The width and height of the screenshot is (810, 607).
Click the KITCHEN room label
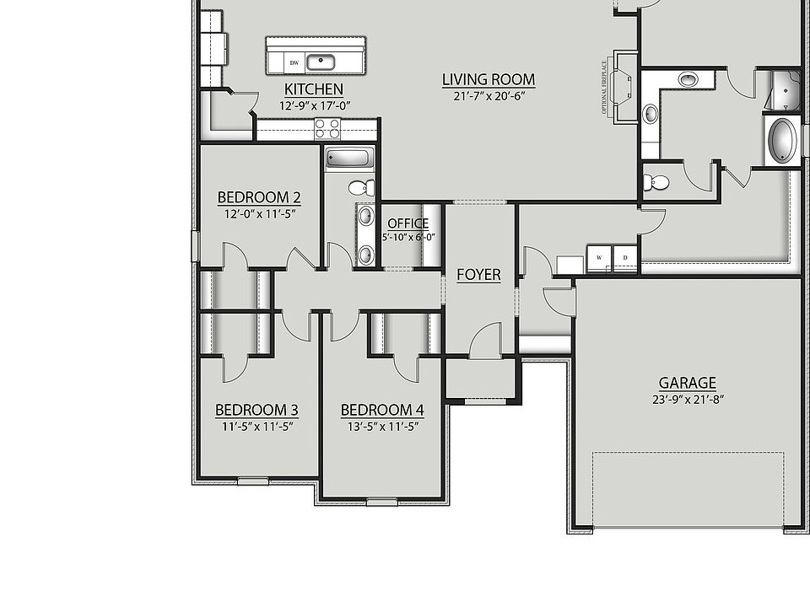314,89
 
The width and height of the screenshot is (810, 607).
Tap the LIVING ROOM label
489,80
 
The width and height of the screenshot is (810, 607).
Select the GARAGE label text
688,383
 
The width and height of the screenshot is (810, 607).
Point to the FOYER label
478,275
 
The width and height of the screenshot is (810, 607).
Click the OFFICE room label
408,223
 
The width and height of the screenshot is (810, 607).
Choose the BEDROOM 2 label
259,198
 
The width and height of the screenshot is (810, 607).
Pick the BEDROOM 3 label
256,411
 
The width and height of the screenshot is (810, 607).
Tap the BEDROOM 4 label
382,411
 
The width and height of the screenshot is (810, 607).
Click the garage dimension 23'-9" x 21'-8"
688,400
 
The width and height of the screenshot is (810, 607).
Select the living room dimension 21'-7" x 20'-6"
489,96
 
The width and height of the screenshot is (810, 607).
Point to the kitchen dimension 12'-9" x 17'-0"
314,105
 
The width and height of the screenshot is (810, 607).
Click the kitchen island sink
321,61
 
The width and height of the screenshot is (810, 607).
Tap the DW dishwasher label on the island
294,62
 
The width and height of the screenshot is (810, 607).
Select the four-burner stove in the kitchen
327,129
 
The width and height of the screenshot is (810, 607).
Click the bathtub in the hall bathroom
349,158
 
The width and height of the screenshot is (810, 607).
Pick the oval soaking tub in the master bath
782,140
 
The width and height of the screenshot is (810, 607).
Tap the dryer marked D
625,257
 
